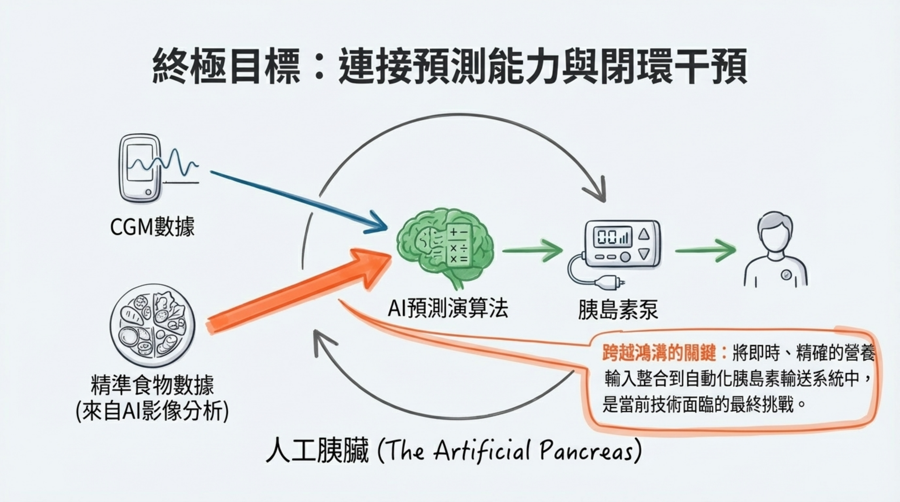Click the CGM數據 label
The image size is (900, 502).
(x=152, y=227)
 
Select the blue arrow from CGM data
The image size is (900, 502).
(x=297, y=201)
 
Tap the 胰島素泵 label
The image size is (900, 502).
(x=618, y=309)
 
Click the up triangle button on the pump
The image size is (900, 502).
(x=644, y=234)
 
